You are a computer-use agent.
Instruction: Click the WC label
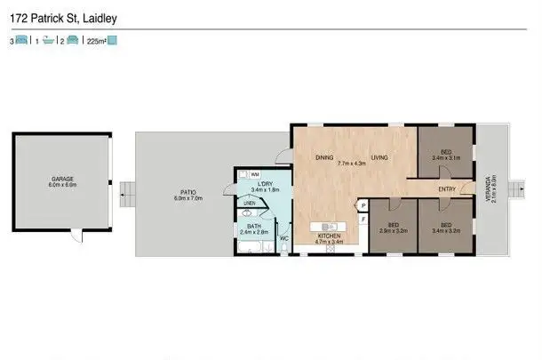tap(284, 239)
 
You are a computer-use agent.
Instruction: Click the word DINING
tap(324, 157)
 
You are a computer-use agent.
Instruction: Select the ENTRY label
tap(448, 188)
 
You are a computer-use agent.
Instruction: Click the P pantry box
tap(363, 205)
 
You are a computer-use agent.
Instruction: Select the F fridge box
tap(363, 219)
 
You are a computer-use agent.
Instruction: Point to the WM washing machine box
tap(255, 174)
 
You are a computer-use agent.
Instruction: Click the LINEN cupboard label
tap(249, 204)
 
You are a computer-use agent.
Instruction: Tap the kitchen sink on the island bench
tap(328, 225)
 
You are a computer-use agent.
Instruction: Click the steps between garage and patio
tap(125, 192)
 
